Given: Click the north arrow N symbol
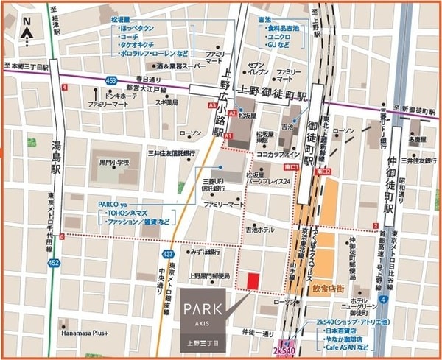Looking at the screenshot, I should click(x=27, y=30).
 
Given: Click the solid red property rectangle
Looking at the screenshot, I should click(x=253, y=281).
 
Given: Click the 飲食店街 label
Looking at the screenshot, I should click(x=329, y=289).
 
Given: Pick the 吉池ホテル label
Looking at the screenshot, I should click(x=261, y=230).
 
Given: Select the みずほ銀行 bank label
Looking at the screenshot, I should click(x=205, y=252).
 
